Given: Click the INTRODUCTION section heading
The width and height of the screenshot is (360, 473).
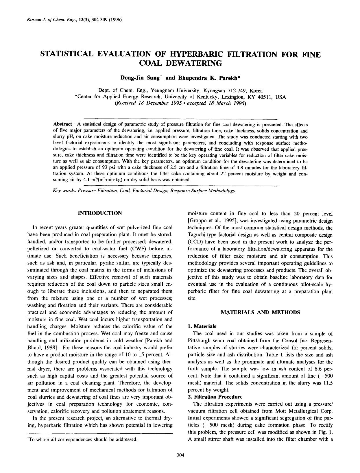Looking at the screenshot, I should pos(100,213).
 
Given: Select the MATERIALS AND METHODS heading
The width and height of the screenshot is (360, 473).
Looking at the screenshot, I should pos(260,312).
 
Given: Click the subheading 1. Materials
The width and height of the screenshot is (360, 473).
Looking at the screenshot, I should pos(202,326).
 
